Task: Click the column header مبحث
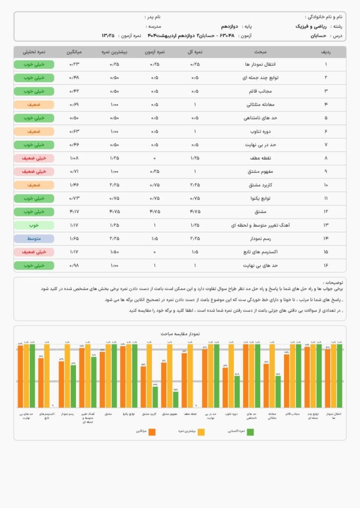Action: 260,52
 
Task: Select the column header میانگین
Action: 73,52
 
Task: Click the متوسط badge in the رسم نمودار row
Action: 34,239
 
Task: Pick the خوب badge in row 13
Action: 34,225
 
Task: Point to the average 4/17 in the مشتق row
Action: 74,212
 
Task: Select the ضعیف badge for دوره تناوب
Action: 34,131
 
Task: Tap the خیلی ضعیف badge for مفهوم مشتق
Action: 34,172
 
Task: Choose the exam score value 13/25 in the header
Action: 108,36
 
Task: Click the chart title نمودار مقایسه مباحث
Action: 180,334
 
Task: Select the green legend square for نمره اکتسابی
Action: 250,432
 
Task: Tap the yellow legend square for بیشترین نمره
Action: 201,432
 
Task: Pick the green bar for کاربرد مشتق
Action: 155,396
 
